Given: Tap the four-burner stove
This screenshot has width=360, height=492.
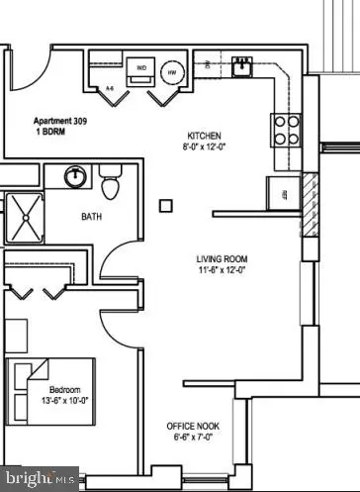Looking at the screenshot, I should (x=287, y=129).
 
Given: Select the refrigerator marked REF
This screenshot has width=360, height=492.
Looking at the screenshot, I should (x=283, y=193).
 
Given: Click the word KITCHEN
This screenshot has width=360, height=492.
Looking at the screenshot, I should (x=205, y=136).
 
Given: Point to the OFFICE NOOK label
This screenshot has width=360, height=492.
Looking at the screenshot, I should (x=193, y=426).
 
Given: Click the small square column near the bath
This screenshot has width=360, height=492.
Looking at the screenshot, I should (x=166, y=206).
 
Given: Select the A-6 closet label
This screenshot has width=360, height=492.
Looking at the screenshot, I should (x=110, y=89).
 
